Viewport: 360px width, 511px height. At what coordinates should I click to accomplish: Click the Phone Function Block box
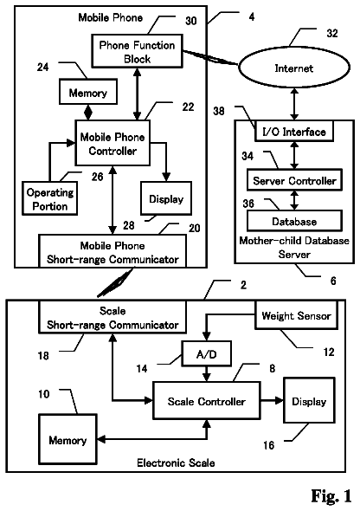coord(137,51)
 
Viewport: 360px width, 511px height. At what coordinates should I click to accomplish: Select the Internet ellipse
coord(294,68)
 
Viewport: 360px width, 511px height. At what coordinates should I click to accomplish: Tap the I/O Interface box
coord(294,132)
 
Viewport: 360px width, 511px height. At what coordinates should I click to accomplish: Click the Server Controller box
coord(294,180)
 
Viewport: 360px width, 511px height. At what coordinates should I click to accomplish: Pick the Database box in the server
coord(294,221)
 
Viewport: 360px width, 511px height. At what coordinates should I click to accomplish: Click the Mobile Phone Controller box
coord(112,143)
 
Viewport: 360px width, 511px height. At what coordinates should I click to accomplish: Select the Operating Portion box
coord(50,198)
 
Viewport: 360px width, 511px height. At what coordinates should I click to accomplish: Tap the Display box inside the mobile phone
coord(166,198)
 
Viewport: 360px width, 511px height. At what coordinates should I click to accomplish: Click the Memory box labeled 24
coord(88,92)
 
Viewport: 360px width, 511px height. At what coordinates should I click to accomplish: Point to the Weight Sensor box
coord(297,314)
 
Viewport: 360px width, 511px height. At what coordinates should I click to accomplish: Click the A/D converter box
coord(207,353)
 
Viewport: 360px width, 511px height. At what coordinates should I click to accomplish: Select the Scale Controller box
coord(207,400)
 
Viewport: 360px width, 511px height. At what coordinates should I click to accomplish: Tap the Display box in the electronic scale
coord(309,400)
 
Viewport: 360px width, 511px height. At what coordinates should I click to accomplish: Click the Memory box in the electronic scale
coord(67,439)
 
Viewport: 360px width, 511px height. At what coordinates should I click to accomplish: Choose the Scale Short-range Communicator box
coord(112,317)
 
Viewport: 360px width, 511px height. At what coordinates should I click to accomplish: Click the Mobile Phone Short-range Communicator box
coord(112,251)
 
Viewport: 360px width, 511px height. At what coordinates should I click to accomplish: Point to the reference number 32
coord(332,33)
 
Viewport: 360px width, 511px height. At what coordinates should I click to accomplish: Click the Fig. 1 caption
coord(331,495)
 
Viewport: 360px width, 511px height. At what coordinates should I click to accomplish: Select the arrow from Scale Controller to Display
coord(272,400)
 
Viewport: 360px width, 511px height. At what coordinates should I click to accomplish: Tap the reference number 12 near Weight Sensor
coord(329,352)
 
